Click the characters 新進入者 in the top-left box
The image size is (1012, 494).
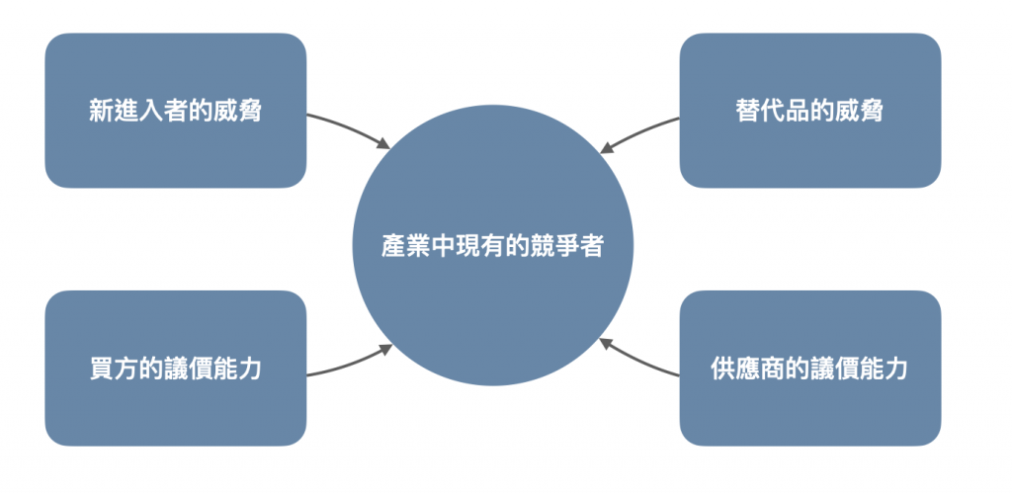pos(131,111)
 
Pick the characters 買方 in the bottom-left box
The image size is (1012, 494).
pos(111,370)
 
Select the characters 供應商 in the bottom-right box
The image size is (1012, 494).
pos(743,370)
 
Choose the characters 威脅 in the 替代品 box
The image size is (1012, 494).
pos(862,111)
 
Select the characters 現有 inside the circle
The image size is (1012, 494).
pos(492,246)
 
